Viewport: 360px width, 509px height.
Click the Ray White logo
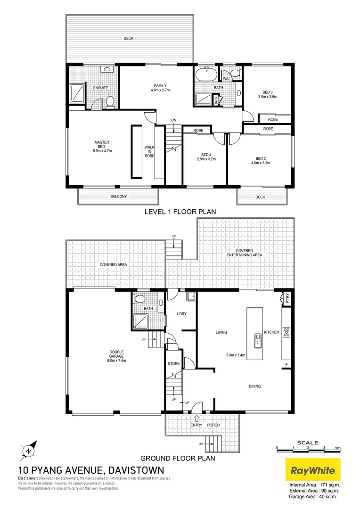tap(313, 470)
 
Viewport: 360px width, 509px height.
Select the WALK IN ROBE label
tap(149, 151)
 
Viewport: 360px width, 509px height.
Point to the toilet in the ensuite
tap(110, 102)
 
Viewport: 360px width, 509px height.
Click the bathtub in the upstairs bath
tap(205, 75)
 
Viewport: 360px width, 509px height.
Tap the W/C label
tap(226, 78)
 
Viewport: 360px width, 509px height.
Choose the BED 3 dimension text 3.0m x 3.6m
tap(268, 96)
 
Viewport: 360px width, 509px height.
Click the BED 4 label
tap(205, 155)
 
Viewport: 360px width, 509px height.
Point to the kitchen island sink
tap(258, 340)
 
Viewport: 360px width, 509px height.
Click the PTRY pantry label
tap(287, 298)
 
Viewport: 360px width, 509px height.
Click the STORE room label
tap(173, 364)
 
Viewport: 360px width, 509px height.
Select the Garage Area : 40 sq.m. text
tap(314, 496)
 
